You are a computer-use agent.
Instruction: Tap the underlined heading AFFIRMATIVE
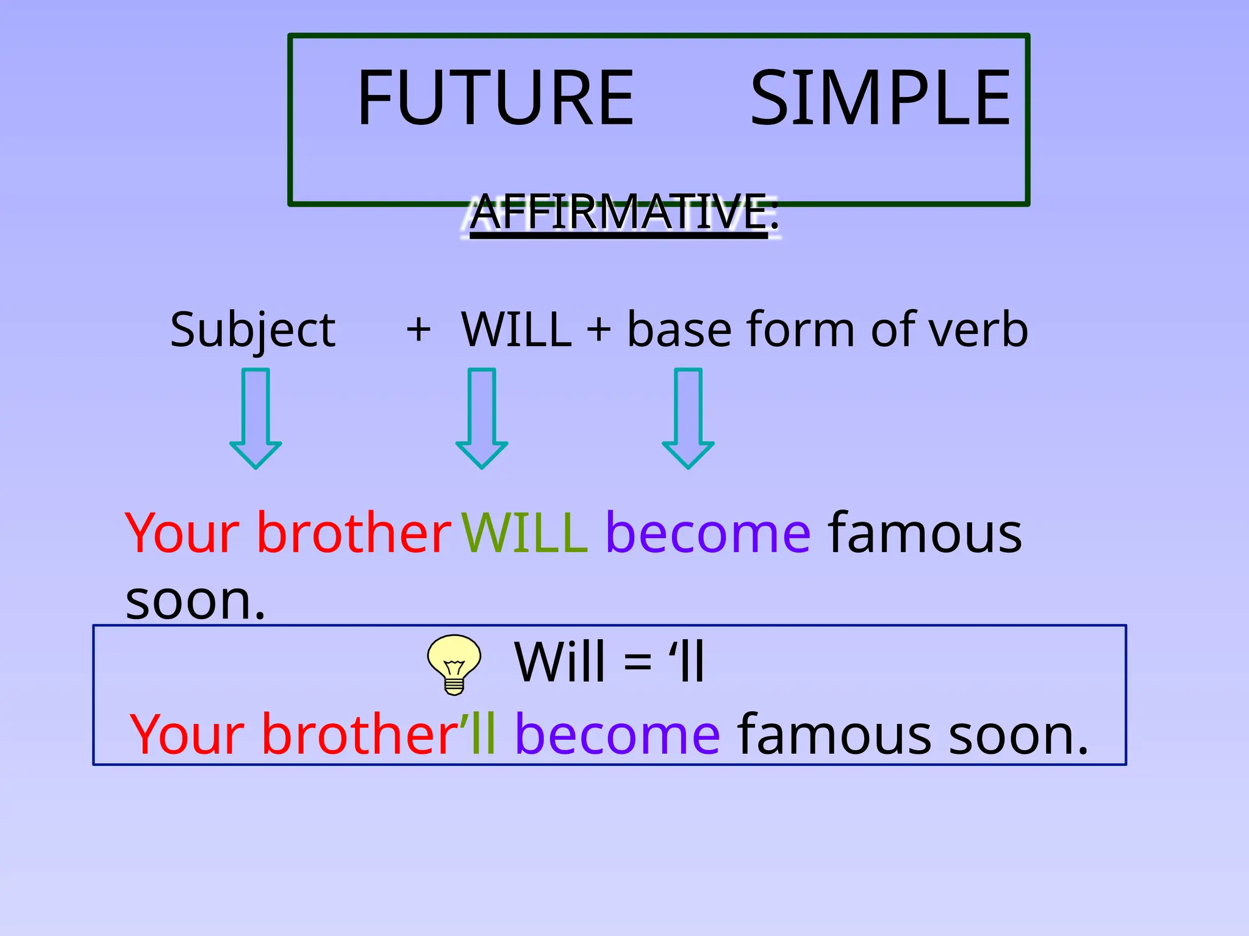(x=619, y=211)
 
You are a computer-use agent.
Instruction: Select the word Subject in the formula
(x=252, y=330)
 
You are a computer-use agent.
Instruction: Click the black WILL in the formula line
(x=517, y=330)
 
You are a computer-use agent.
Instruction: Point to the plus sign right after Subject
(x=418, y=330)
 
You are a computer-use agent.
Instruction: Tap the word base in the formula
(x=679, y=330)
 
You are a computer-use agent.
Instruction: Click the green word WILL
(x=524, y=533)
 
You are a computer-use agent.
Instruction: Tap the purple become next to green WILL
(x=708, y=533)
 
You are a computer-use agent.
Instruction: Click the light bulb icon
(x=454, y=664)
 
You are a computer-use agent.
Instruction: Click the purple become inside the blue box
(x=618, y=734)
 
